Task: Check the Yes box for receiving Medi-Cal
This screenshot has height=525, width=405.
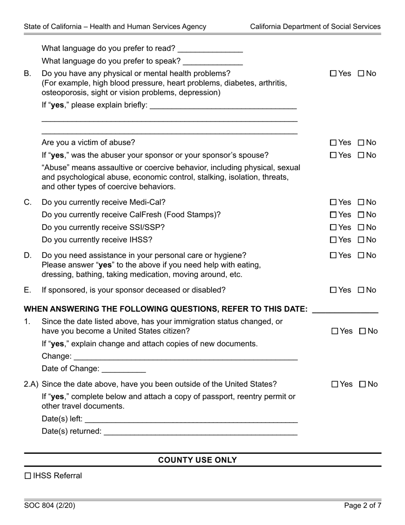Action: point(333,202)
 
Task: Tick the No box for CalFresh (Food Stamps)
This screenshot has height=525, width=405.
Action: point(361,215)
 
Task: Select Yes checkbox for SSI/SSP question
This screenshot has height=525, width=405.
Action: point(333,227)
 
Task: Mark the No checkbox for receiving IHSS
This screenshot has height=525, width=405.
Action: point(361,240)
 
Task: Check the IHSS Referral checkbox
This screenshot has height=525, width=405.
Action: point(28,476)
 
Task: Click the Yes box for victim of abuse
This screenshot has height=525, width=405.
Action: point(333,143)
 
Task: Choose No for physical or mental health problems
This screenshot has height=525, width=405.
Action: point(361,73)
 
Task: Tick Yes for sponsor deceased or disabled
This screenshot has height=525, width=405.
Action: point(333,290)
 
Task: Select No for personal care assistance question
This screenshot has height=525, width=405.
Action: point(361,256)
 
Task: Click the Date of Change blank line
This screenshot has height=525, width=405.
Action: point(124,369)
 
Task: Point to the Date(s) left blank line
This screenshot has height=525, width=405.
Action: point(191,419)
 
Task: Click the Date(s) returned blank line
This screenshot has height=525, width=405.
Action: point(200,432)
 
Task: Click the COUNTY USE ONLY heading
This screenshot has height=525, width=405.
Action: point(197,460)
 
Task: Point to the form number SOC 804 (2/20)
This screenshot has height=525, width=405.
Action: point(50,506)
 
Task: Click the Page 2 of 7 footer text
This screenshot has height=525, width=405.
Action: point(362,506)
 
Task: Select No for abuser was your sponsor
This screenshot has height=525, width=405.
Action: point(361,155)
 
